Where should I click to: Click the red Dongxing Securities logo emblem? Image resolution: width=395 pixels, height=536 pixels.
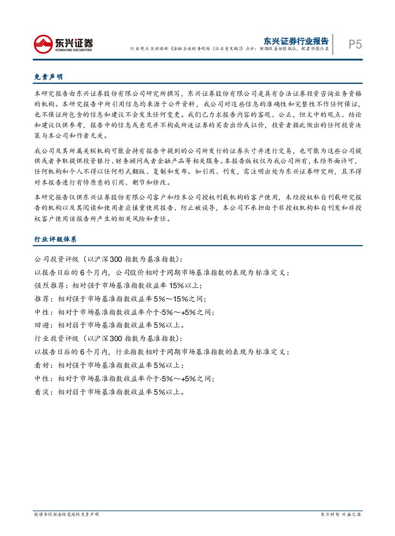[43, 44]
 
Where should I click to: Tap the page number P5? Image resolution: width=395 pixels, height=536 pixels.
[354, 44]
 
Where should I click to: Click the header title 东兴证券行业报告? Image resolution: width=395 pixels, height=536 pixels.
[296, 40]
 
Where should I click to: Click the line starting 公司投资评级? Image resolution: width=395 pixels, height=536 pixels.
[108, 259]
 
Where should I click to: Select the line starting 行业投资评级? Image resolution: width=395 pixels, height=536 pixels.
[108, 339]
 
